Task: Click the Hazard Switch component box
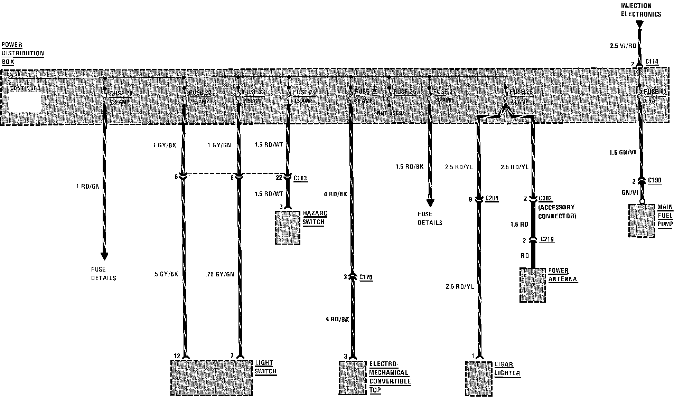click(x=288, y=228)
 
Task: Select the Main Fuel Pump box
click(x=642, y=220)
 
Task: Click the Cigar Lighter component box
click(x=479, y=378)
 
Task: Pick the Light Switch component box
click(x=212, y=378)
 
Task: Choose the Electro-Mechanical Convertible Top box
click(x=352, y=377)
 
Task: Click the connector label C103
click(x=300, y=178)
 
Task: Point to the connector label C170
click(x=366, y=277)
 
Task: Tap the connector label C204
click(x=492, y=198)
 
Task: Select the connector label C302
click(x=545, y=199)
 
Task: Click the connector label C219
click(x=547, y=239)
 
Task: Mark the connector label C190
click(x=655, y=180)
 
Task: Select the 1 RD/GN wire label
click(x=88, y=187)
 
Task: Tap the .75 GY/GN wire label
click(x=219, y=274)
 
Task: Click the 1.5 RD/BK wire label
click(x=410, y=167)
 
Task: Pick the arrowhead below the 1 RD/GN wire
click(x=104, y=256)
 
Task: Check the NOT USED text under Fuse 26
click(x=390, y=113)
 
